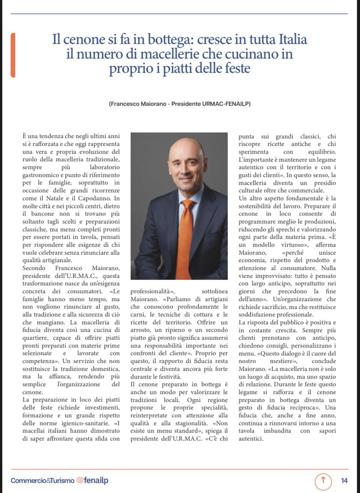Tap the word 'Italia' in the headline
click(293, 39)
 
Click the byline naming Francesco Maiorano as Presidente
click(180, 103)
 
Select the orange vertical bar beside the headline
click(13, 55)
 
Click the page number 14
click(344, 480)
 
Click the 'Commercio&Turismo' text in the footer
click(42, 480)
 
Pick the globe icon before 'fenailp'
click(79, 480)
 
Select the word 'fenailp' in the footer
click(96, 480)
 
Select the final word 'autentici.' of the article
click(251, 439)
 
